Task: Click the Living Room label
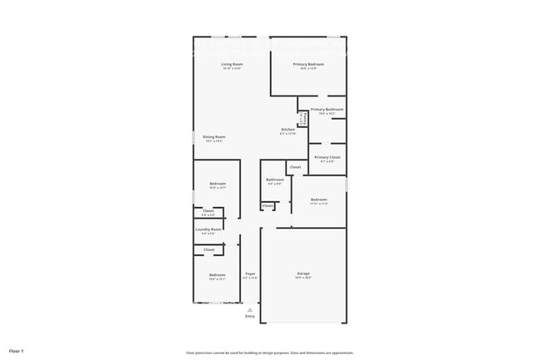(x=232, y=64)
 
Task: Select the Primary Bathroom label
(x=327, y=110)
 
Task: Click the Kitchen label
(x=288, y=130)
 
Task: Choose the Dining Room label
(x=214, y=137)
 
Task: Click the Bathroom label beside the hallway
(x=275, y=180)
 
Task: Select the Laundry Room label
(x=209, y=229)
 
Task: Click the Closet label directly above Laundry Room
(x=209, y=211)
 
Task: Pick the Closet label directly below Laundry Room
(x=209, y=249)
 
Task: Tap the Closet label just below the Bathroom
(x=268, y=206)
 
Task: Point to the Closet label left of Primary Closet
(x=295, y=167)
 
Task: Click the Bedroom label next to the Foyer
(x=217, y=275)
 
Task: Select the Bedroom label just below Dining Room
(x=217, y=184)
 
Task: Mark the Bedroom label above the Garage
(x=319, y=200)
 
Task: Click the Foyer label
(x=250, y=274)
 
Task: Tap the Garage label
(x=303, y=274)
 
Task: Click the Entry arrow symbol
(x=250, y=309)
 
